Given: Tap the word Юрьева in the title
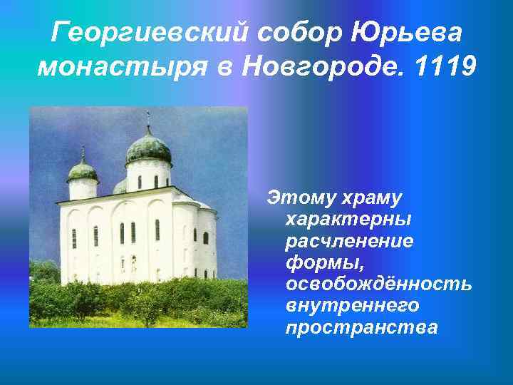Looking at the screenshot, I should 406,31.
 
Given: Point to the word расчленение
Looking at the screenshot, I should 349,241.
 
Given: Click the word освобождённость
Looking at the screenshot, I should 378,284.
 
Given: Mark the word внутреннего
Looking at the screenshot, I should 352,306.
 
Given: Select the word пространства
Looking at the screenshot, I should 361,328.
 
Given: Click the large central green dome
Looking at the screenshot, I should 148,148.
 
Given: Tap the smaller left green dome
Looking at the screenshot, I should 83,170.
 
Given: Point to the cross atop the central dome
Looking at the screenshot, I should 148,118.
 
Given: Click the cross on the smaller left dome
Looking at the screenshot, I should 83,151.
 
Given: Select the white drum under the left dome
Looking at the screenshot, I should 83,189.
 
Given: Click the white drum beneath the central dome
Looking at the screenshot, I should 148,174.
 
